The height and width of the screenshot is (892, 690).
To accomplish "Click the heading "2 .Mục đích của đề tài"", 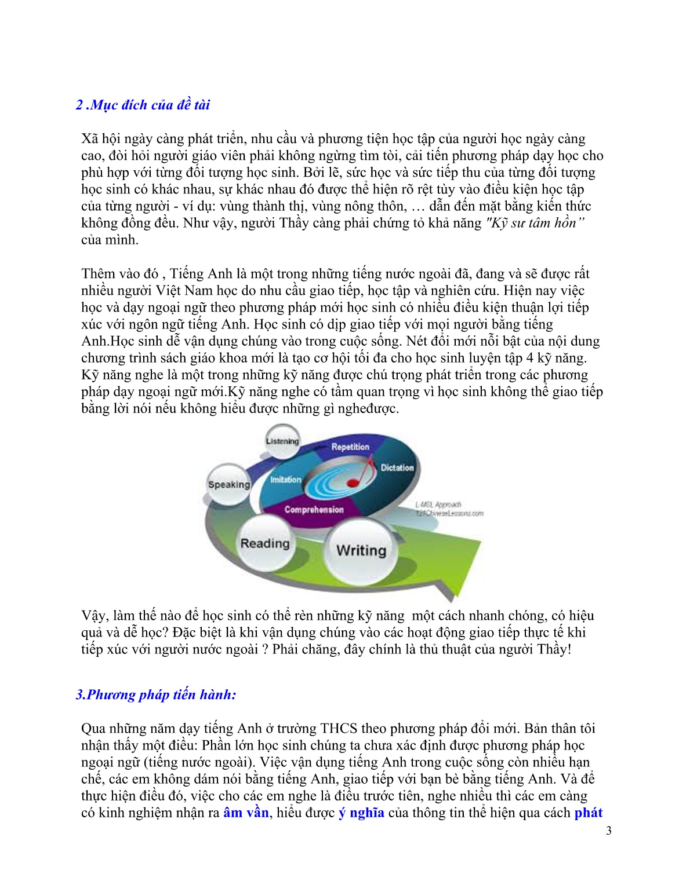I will [143, 105].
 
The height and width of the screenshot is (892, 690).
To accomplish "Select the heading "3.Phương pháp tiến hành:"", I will [156, 694].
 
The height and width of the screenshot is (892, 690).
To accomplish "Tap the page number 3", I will [608, 831].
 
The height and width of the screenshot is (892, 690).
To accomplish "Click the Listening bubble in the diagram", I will [282, 441].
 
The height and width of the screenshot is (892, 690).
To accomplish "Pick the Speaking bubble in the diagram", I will [229, 484].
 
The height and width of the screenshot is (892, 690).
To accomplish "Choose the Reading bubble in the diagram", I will [265, 543].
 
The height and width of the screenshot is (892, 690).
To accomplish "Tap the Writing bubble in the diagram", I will [361, 550].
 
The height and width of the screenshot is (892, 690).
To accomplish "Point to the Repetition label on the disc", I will [350, 447].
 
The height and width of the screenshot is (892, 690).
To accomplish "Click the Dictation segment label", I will [397, 467].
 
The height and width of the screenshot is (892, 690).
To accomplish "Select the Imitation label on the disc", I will [285, 480].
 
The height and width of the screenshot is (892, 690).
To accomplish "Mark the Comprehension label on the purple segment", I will [314, 510].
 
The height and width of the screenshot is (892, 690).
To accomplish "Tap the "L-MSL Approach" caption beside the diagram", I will [438, 505].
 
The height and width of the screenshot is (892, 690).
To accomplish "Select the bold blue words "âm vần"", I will [246, 813].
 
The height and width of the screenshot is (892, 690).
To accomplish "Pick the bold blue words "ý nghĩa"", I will [361, 813].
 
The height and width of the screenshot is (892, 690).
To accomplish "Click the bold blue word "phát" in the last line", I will [589, 813].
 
